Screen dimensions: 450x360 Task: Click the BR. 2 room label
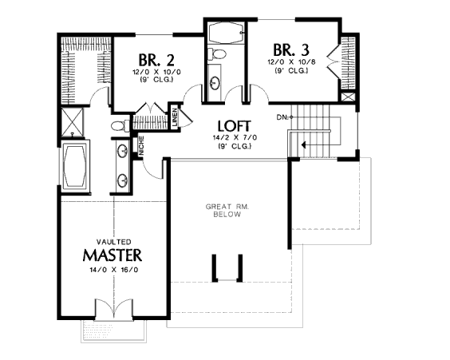point(156,60)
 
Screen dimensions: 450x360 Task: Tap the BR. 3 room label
point(291,49)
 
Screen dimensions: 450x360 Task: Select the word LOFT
point(235,126)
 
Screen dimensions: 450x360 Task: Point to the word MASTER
point(112,255)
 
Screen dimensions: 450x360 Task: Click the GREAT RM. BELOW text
point(227,211)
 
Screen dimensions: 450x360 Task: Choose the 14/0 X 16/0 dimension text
point(114,270)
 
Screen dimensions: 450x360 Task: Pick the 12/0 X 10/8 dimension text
point(291,62)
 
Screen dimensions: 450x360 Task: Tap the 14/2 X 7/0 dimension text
point(235,138)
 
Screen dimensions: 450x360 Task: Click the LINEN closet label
point(175,117)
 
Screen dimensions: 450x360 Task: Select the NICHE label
point(141,146)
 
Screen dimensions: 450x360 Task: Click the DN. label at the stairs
point(282,117)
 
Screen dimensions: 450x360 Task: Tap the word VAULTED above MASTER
point(113,242)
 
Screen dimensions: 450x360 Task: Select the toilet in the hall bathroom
point(217,54)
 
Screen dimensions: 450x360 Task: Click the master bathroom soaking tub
point(75,165)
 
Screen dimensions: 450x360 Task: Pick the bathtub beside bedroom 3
point(226,33)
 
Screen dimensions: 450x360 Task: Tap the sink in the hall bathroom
point(215,83)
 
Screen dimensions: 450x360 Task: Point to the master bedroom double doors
point(114,309)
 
